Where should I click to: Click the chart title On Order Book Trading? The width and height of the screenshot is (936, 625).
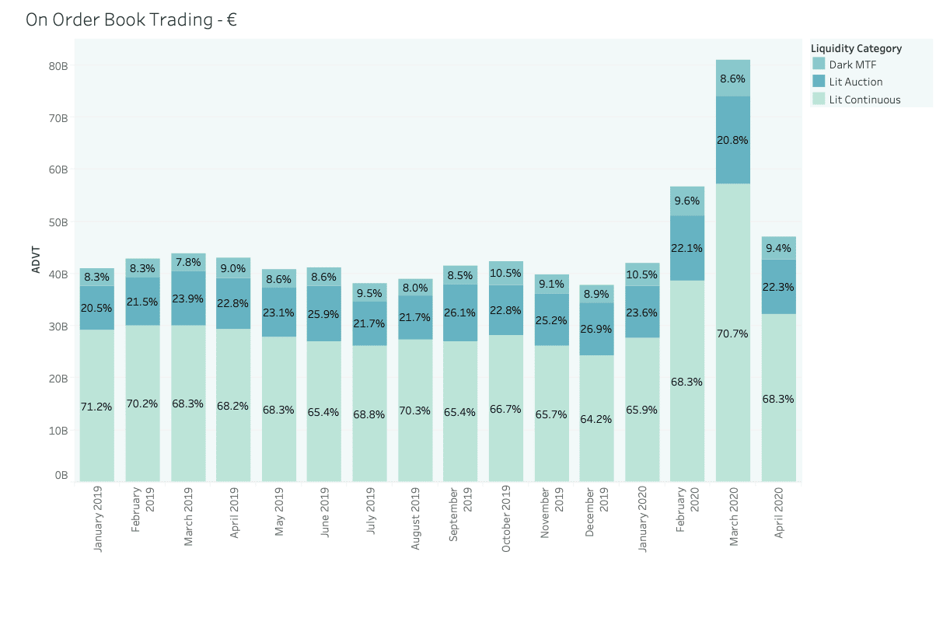(131, 20)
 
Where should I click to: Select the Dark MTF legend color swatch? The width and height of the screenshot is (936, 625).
(818, 64)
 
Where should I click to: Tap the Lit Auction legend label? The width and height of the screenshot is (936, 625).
(855, 82)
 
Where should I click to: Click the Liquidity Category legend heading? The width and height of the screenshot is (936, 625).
(856, 48)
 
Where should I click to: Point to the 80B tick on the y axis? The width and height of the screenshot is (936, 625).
(58, 66)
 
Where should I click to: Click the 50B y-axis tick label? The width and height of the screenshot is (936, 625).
(58, 222)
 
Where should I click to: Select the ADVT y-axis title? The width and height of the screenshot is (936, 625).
(36, 260)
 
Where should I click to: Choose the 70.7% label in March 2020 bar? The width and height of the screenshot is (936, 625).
(733, 333)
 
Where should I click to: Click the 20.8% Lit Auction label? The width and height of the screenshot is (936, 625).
(733, 141)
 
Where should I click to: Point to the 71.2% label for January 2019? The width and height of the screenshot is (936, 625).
(96, 407)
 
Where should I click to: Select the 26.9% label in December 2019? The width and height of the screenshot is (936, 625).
(596, 329)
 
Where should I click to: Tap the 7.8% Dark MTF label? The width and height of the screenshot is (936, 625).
(187, 262)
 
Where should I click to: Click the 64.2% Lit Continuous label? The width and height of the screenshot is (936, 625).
(596, 419)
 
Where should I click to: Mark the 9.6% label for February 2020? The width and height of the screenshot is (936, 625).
(687, 201)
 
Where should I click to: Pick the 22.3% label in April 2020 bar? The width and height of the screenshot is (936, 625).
(778, 287)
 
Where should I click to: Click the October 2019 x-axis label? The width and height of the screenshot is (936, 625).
(506, 519)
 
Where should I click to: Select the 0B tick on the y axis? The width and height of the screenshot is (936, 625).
(61, 475)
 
